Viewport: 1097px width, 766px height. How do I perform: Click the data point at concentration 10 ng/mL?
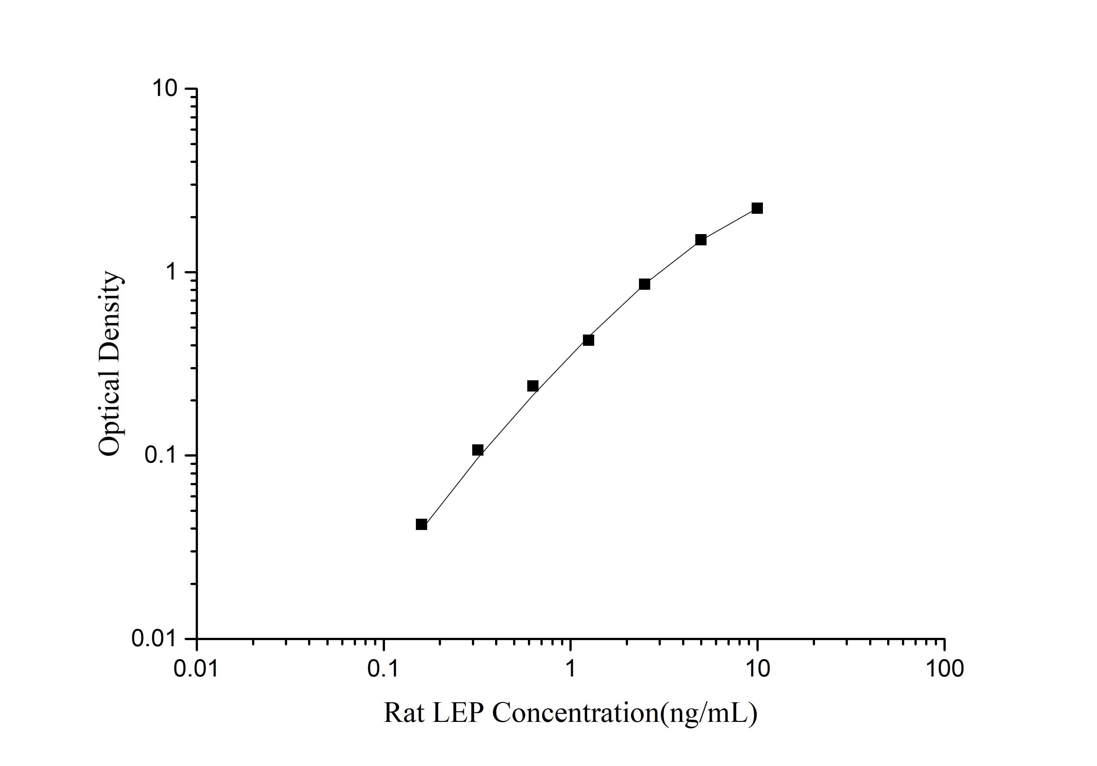[x=757, y=208]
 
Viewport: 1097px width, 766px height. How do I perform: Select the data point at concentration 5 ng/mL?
[x=700, y=240]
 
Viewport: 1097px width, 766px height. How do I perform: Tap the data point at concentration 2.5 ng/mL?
[x=644, y=284]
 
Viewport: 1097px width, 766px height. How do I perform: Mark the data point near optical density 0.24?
[x=532, y=386]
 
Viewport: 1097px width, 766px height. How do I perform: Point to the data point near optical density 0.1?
[x=477, y=450]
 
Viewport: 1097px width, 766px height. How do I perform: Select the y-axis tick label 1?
[x=171, y=272]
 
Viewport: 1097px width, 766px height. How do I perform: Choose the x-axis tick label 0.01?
[x=196, y=669]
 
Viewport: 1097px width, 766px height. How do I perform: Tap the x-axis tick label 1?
[x=570, y=669]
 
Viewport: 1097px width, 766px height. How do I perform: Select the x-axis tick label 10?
[x=757, y=669]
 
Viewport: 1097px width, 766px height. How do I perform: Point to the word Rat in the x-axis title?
[x=404, y=713]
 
